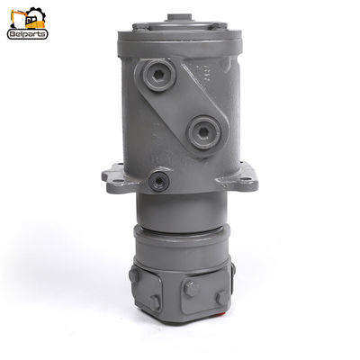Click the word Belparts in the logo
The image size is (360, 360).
(x=27, y=34)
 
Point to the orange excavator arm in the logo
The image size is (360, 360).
(x=17, y=16)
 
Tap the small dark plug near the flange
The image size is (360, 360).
(x=159, y=181)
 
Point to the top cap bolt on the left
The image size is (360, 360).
(x=139, y=27)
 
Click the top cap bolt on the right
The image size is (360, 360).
(x=215, y=25)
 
